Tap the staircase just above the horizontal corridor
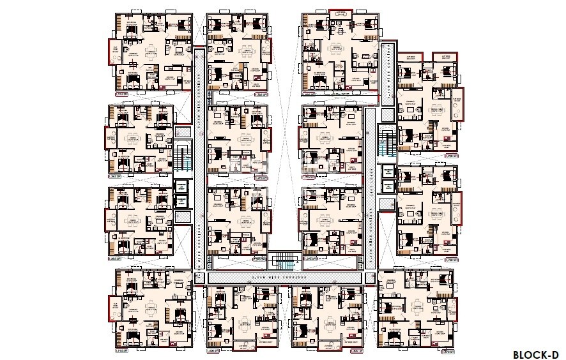point(283,261)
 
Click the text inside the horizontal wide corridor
point(285,278)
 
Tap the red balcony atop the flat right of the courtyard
point(342,11)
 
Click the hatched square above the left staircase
point(181,132)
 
